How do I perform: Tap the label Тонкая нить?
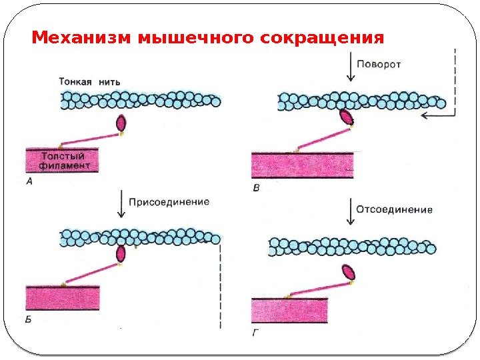tap(89, 81)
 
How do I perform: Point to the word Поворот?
tap(379, 65)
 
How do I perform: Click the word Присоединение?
tap(169, 201)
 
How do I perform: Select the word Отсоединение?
tap(394, 209)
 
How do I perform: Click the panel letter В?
tap(257, 189)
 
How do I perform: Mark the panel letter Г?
tap(257, 331)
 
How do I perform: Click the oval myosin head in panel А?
tap(121, 123)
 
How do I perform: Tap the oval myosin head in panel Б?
tap(121, 254)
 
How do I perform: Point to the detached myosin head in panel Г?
tap(349, 271)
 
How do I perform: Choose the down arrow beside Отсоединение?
tap(351, 212)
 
